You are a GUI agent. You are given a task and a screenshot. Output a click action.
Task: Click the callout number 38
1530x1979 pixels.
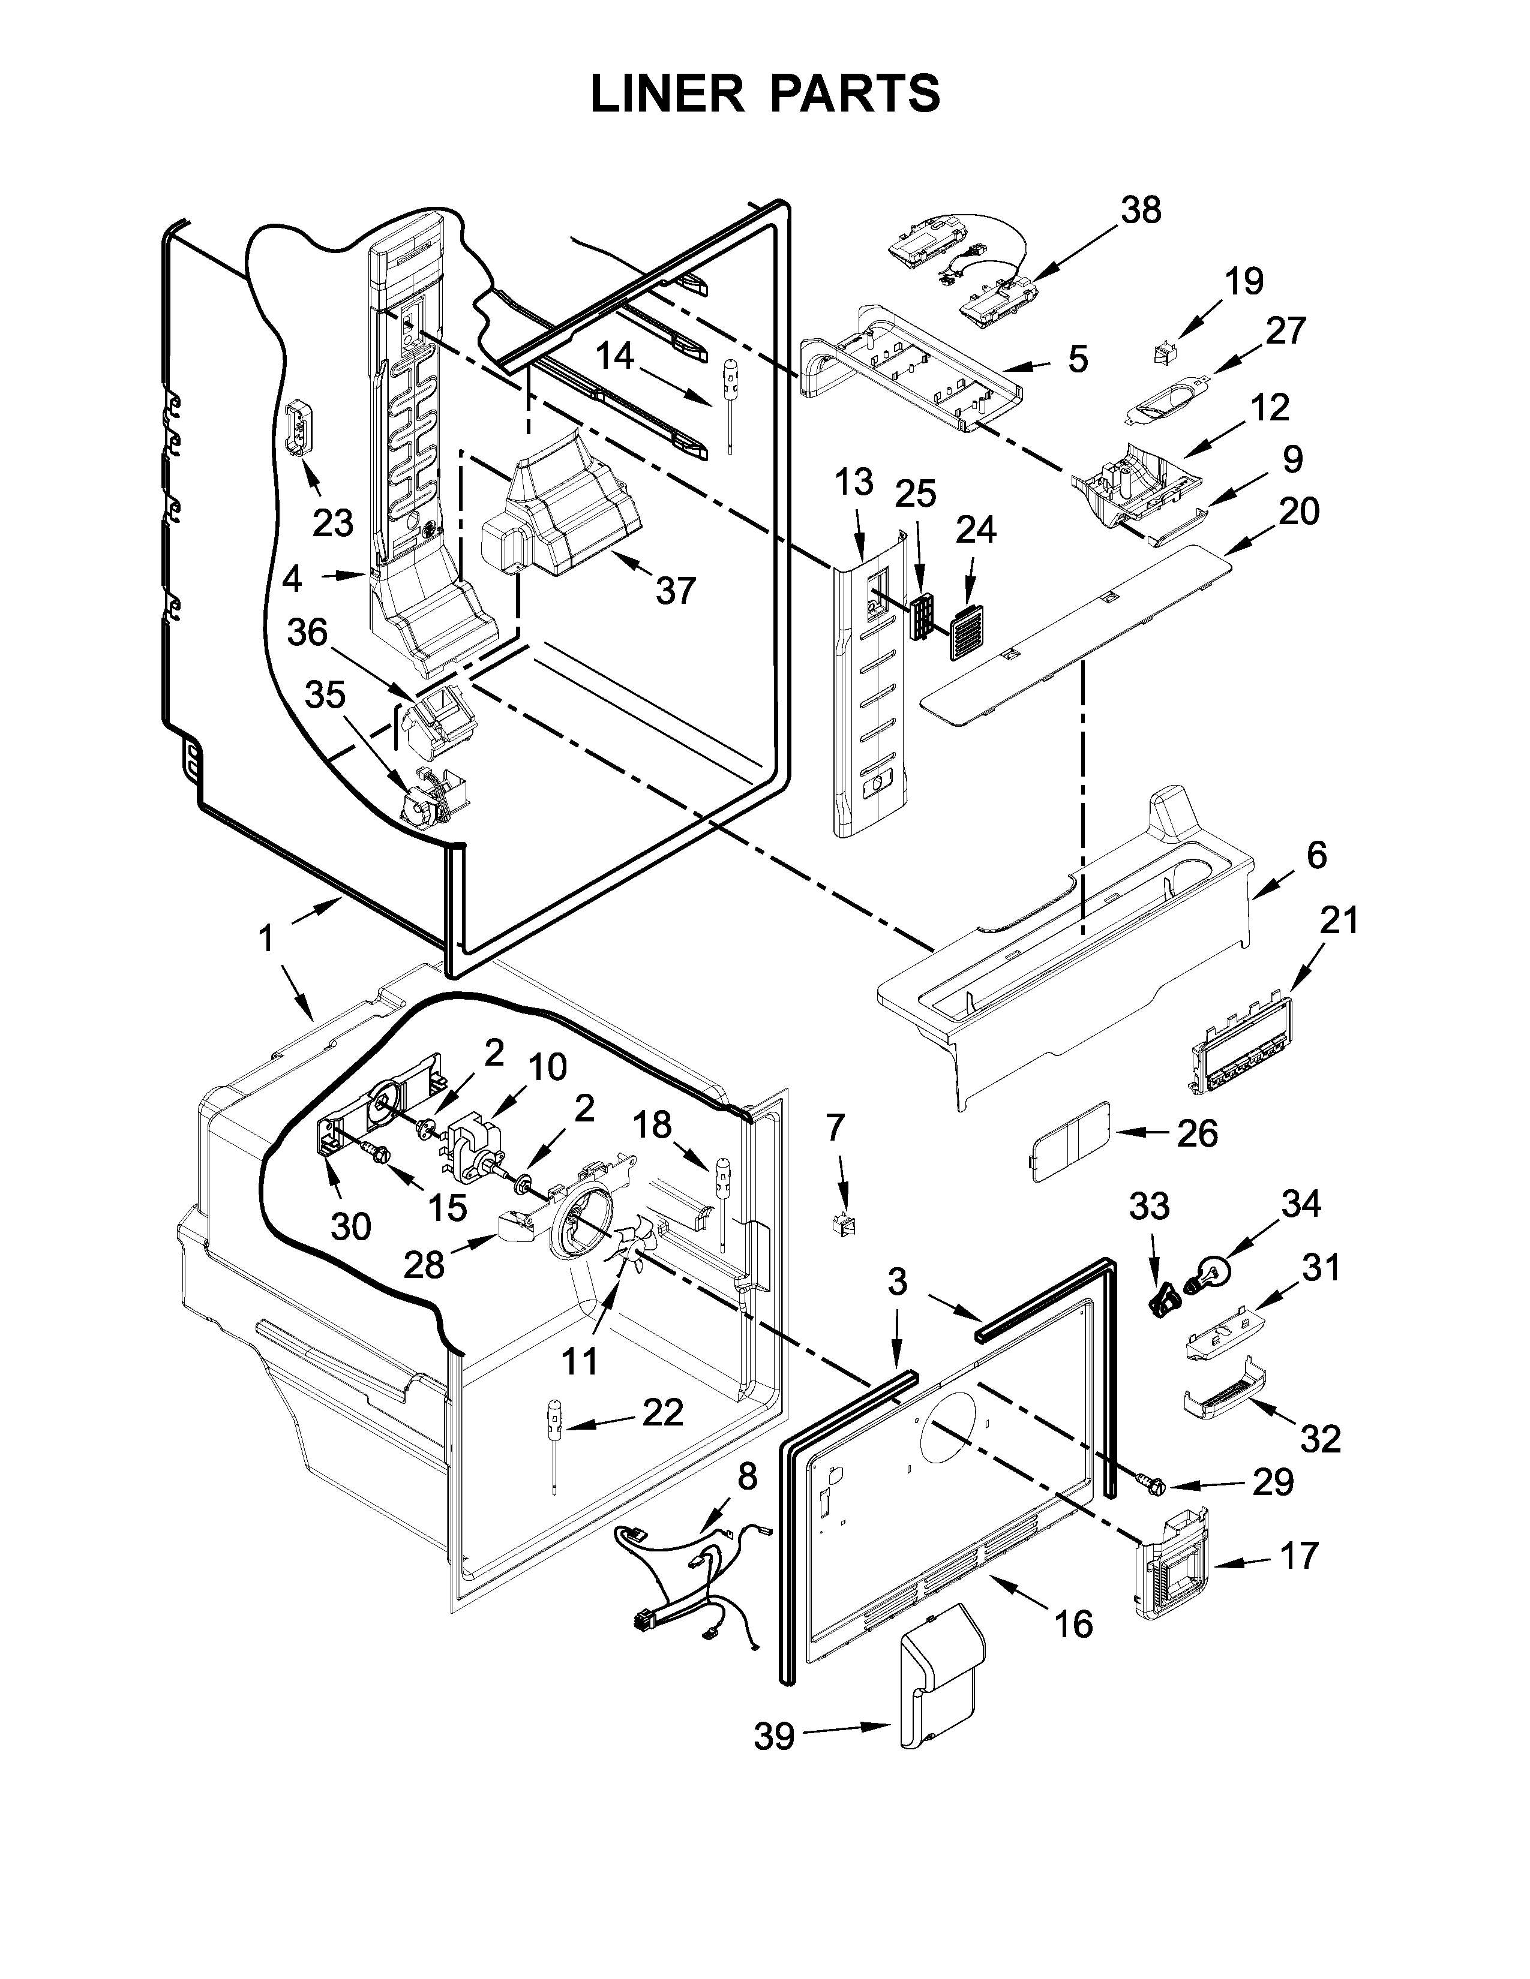pyautogui.click(x=1140, y=210)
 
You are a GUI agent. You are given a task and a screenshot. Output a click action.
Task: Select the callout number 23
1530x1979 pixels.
pyautogui.click(x=332, y=523)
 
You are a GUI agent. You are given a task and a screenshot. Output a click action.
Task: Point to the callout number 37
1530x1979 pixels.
pyautogui.click(x=674, y=590)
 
